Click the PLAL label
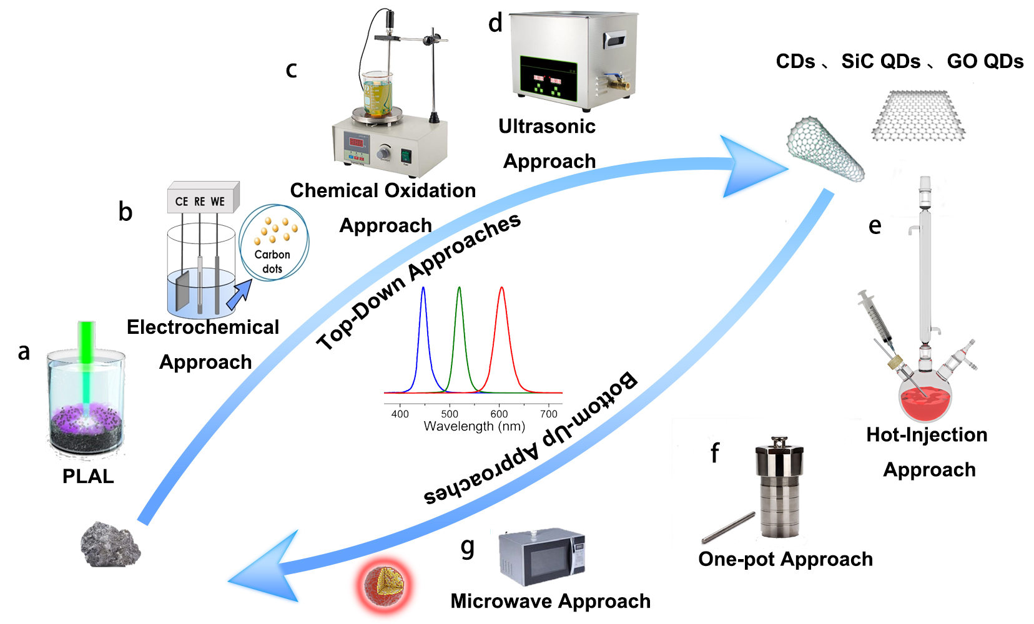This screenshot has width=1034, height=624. pyautogui.click(x=88, y=476)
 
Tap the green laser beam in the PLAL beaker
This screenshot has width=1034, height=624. pyautogui.click(x=86, y=362)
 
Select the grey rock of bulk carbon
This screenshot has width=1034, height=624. pyautogui.click(x=111, y=545)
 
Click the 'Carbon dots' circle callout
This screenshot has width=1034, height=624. pyautogui.click(x=273, y=242)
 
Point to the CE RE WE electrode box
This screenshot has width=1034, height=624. pyautogui.click(x=201, y=199)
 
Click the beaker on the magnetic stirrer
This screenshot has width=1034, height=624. pyautogui.click(x=377, y=94)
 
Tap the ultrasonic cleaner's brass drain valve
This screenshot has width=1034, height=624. pyautogui.click(x=616, y=81)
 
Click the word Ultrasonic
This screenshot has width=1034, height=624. pyautogui.click(x=547, y=127)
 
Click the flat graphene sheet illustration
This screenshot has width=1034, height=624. pyautogui.click(x=918, y=116)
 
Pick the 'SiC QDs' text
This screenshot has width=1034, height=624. pyautogui.click(x=880, y=61)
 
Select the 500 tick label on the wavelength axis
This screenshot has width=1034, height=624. pyautogui.click(x=450, y=414)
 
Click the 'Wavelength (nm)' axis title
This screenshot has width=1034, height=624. pyautogui.click(x=474, y=427)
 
